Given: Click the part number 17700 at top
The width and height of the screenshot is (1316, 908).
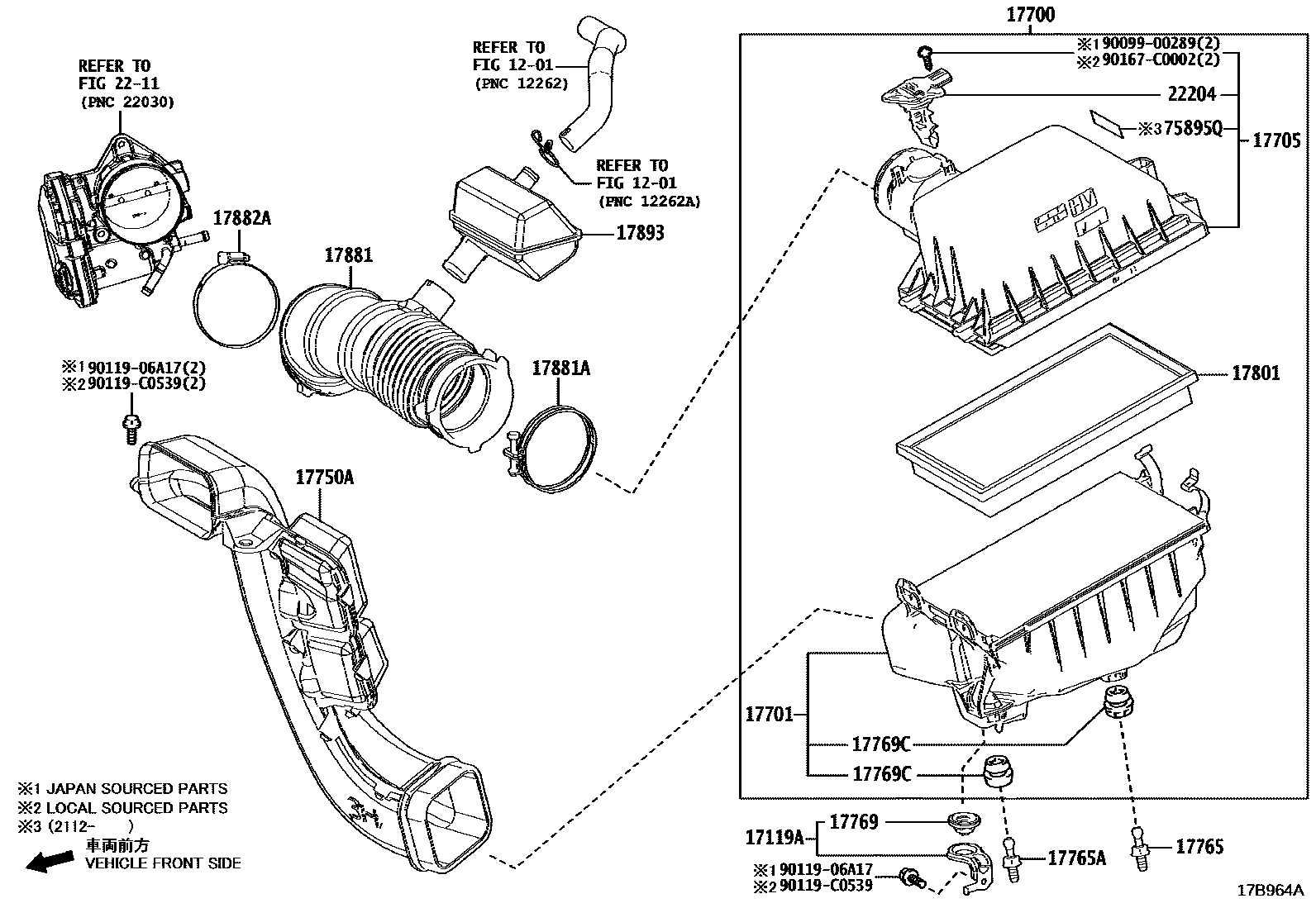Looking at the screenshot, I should (1030, 15).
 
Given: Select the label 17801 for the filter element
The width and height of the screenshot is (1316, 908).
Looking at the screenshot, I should (1255, 374).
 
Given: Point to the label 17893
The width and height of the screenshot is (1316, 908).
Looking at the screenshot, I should (640, 233).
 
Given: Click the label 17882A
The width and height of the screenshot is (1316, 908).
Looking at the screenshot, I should (241, 219).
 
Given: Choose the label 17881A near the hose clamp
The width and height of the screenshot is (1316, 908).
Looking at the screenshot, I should (560, 368).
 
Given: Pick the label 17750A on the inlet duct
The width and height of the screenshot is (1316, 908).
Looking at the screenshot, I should (325, 477).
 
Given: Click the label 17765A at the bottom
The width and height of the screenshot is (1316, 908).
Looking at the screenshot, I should (1076, 858).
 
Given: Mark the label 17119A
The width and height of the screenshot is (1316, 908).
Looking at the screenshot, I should (774, 839).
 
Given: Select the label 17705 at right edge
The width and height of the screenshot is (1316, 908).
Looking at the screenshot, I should (1276, 140).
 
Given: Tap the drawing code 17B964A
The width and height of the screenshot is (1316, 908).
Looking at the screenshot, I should (1270, 891).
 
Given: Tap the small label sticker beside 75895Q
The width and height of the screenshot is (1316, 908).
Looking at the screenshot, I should (1108, 122).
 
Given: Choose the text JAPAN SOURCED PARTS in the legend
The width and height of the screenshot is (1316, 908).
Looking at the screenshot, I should (136, 789).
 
